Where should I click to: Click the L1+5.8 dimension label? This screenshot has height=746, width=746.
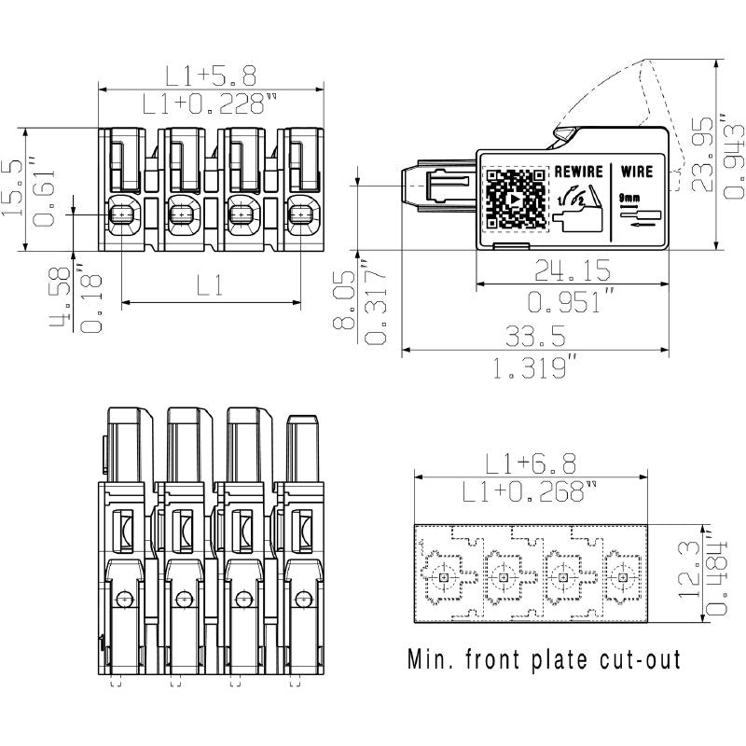[x=211, y=75]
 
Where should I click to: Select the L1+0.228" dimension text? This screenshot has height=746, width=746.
[x=211, y=104]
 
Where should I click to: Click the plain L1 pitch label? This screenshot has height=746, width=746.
[x=211, y=286]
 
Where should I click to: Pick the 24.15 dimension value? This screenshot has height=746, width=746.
[x=572, y=270]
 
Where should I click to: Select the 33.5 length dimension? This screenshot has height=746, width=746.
[x=534, y=335]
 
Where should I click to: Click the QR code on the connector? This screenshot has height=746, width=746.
[x=516, y=200]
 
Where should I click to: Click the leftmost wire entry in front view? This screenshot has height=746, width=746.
[x=122, y=216]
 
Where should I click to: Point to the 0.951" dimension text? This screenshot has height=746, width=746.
[x=572, y=302]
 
